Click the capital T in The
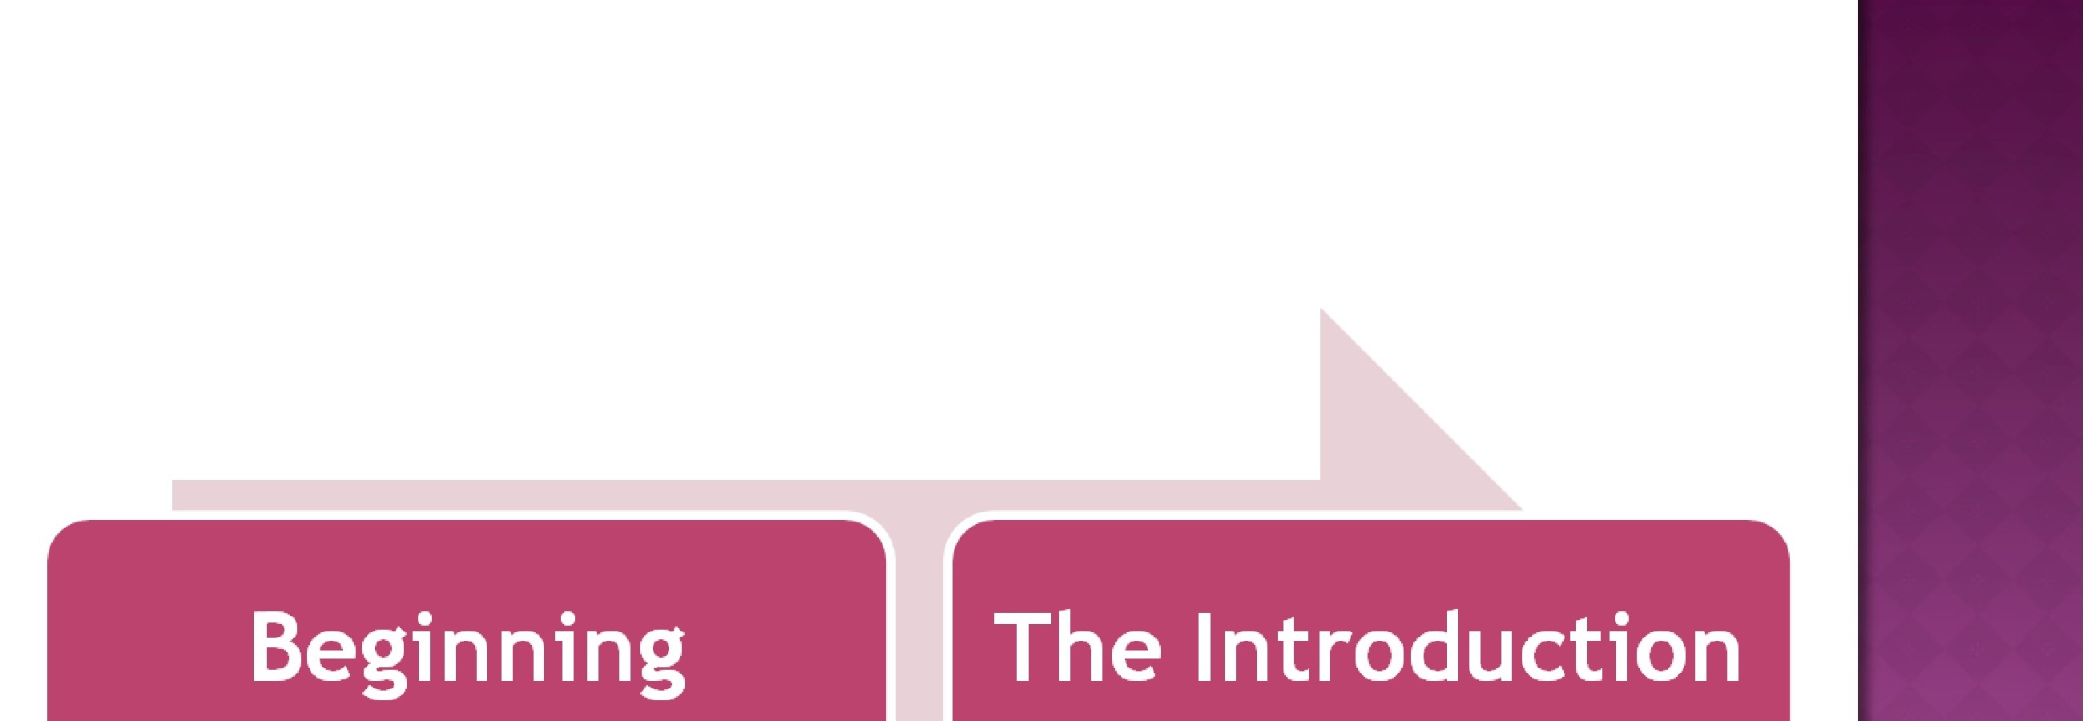1021,646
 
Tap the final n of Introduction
1716,655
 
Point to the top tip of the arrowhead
1321,309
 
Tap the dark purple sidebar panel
1970,360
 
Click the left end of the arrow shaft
174,495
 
